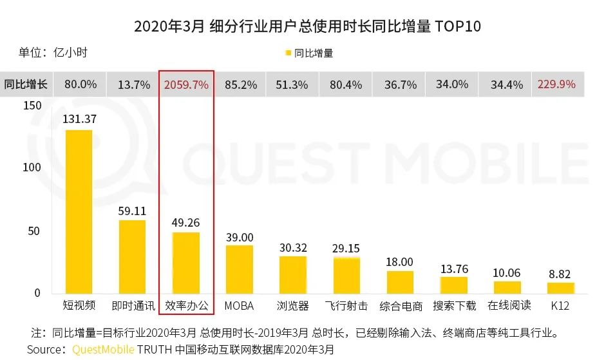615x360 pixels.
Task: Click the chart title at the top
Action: [307, 26]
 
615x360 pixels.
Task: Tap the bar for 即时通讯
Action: [133, 257]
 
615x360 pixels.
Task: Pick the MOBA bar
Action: [239, 269]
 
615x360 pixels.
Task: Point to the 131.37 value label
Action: [79, 118]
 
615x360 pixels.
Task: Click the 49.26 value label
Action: [186, 223]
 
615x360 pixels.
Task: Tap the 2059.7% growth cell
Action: [186, 84]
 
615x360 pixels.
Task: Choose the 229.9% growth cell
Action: [558, 84]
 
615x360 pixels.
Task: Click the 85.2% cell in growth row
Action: [240, 84]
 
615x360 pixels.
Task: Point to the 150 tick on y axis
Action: [31, 106]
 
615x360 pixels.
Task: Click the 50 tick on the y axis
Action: [33, 231]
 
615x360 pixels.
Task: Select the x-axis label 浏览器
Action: [293, 305]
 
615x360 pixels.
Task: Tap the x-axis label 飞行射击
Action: [346, 305]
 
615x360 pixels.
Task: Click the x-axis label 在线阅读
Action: [507, 305]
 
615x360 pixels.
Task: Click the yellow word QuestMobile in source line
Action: [103, 349]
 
